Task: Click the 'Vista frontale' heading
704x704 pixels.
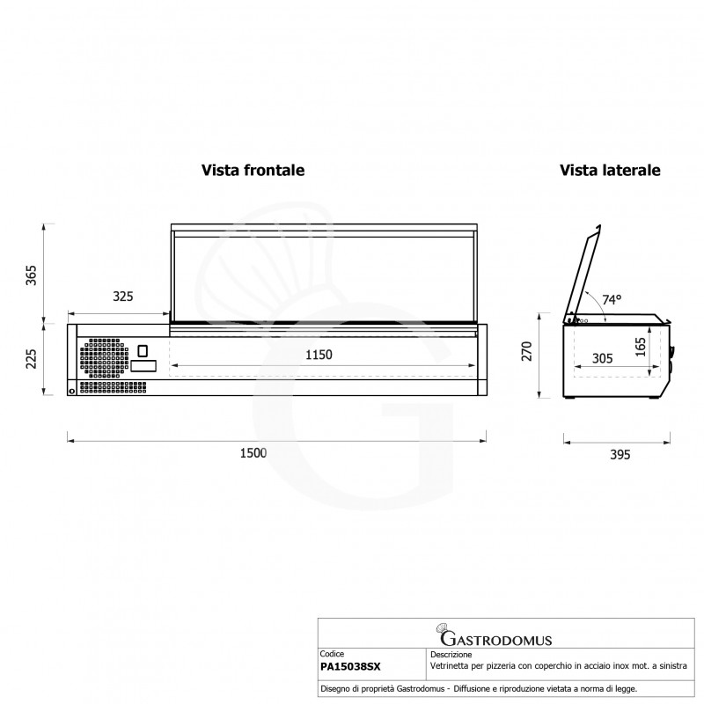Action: click(x=253, y=170)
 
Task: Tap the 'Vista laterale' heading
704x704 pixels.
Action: click(x=609, y=170)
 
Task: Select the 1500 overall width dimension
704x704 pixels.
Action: click(x=253, y=453)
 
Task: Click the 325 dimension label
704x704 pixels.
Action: click(x=122, y=297)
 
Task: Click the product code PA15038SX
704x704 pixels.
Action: click(x=350, y=669)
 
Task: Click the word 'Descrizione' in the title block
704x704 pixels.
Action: click(x=451, y=655)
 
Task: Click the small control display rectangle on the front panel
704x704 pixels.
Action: click(x=144, y=364)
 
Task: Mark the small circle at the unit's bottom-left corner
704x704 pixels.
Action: click(x=71, y=391)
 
